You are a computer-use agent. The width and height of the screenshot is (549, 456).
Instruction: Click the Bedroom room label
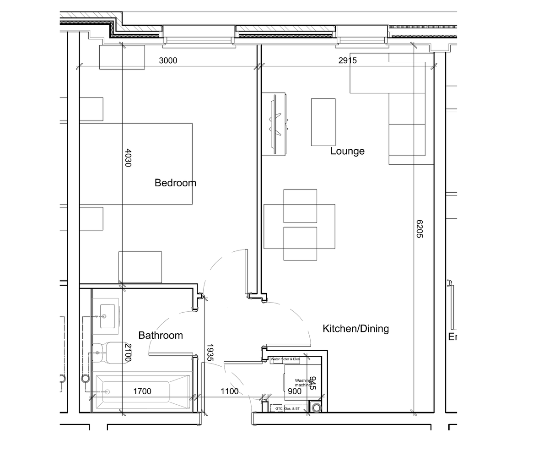coord(175,183)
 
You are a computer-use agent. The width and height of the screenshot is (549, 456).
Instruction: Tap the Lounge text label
coord(347,151)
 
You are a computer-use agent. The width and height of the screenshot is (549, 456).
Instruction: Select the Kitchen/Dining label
coord(355,328)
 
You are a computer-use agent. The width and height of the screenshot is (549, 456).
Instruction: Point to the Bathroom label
coord(161,336)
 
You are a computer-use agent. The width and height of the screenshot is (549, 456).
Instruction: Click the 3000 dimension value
coord(168,60)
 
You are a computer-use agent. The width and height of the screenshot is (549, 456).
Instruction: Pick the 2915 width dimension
coord(347,60)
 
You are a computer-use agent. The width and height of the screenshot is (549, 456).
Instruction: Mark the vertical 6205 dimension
coord(420,229)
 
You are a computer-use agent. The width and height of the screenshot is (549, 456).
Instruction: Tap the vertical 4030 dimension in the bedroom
coord(128,157)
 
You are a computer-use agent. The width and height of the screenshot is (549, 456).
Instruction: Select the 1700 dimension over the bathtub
coord(142,391)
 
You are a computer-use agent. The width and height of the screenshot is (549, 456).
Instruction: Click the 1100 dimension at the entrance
coord(229,391)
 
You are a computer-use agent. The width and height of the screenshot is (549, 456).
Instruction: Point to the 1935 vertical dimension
coord(210,353)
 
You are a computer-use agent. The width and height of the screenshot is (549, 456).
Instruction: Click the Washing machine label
coord(302,383)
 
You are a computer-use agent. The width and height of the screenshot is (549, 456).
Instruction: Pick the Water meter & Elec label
coord(285,360)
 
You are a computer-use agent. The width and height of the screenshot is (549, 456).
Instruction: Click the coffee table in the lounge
coord(323,122)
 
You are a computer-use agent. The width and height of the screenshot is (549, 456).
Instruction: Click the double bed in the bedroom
coord(136,163)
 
